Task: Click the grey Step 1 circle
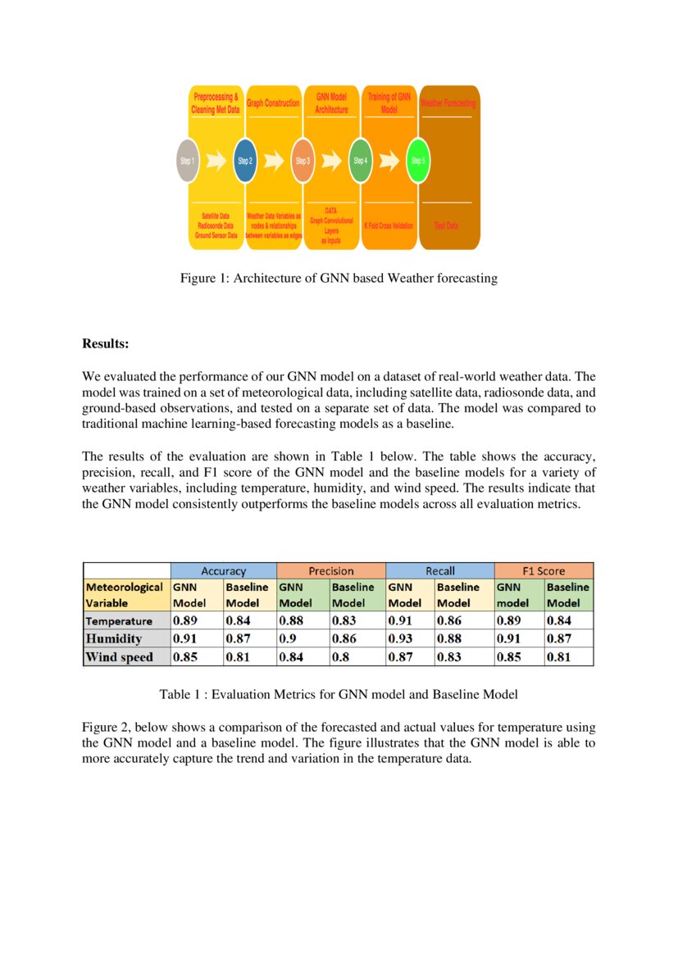click(188, 161)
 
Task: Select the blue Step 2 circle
click(245, 161)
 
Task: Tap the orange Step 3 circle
click(303, 161)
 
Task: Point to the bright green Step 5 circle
click(418, 161)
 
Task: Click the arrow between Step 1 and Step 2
click(216, 161)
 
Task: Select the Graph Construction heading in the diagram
click(273, 104)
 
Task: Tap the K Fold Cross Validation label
click(389, 225)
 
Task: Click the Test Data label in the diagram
click(446, 225)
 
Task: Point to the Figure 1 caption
click(339, 279)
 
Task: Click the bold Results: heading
click(106, 344)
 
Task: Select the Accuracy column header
click(224, 570)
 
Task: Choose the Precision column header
click(331, 570)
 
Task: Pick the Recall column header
click(439, 570)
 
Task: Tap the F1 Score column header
click(544, 570)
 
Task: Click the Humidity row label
click(114, 638)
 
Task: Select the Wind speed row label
click(120, 656)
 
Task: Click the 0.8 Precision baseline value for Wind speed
click(338, 656)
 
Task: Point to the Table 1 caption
click(339, 695)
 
